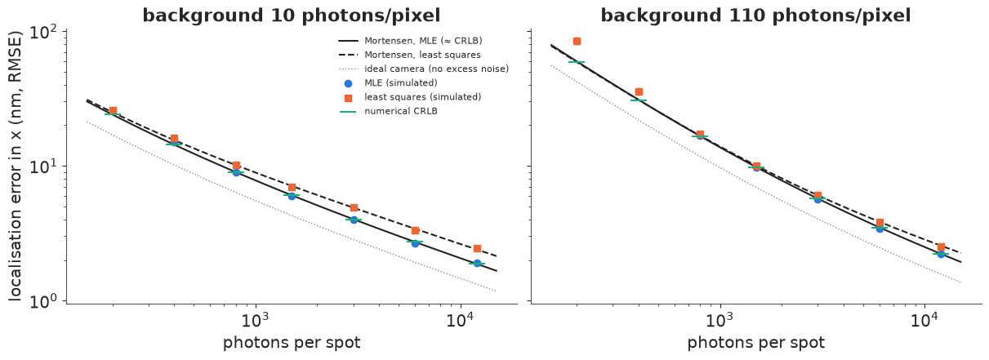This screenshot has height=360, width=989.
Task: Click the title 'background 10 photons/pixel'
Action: (292, 16)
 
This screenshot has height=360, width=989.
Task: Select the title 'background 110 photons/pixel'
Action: (756, 16)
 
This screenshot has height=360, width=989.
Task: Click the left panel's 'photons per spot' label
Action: (292, 343)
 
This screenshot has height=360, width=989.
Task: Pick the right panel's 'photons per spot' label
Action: (756, 343)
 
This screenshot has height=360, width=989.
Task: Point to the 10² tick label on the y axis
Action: (46, 33)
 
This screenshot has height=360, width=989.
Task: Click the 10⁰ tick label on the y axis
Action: (46, 302)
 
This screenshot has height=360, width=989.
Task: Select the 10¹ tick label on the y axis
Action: (46, 167)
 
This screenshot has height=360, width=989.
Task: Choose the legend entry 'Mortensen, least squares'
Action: (422, 56)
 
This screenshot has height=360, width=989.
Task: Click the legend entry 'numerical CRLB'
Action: (401, 111)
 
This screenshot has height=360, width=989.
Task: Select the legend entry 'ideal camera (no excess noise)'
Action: (437, 69)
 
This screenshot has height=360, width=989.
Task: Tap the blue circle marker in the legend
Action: (348, 83)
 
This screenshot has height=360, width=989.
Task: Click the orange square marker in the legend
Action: (348, 98)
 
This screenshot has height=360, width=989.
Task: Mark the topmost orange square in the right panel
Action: (577, 41)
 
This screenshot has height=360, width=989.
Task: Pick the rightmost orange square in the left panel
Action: (477, 248)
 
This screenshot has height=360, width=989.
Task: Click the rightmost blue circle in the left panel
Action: (477, 264)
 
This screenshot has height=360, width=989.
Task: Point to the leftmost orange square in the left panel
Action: (113, 111)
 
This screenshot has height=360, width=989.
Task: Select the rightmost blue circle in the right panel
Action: (941, 254)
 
